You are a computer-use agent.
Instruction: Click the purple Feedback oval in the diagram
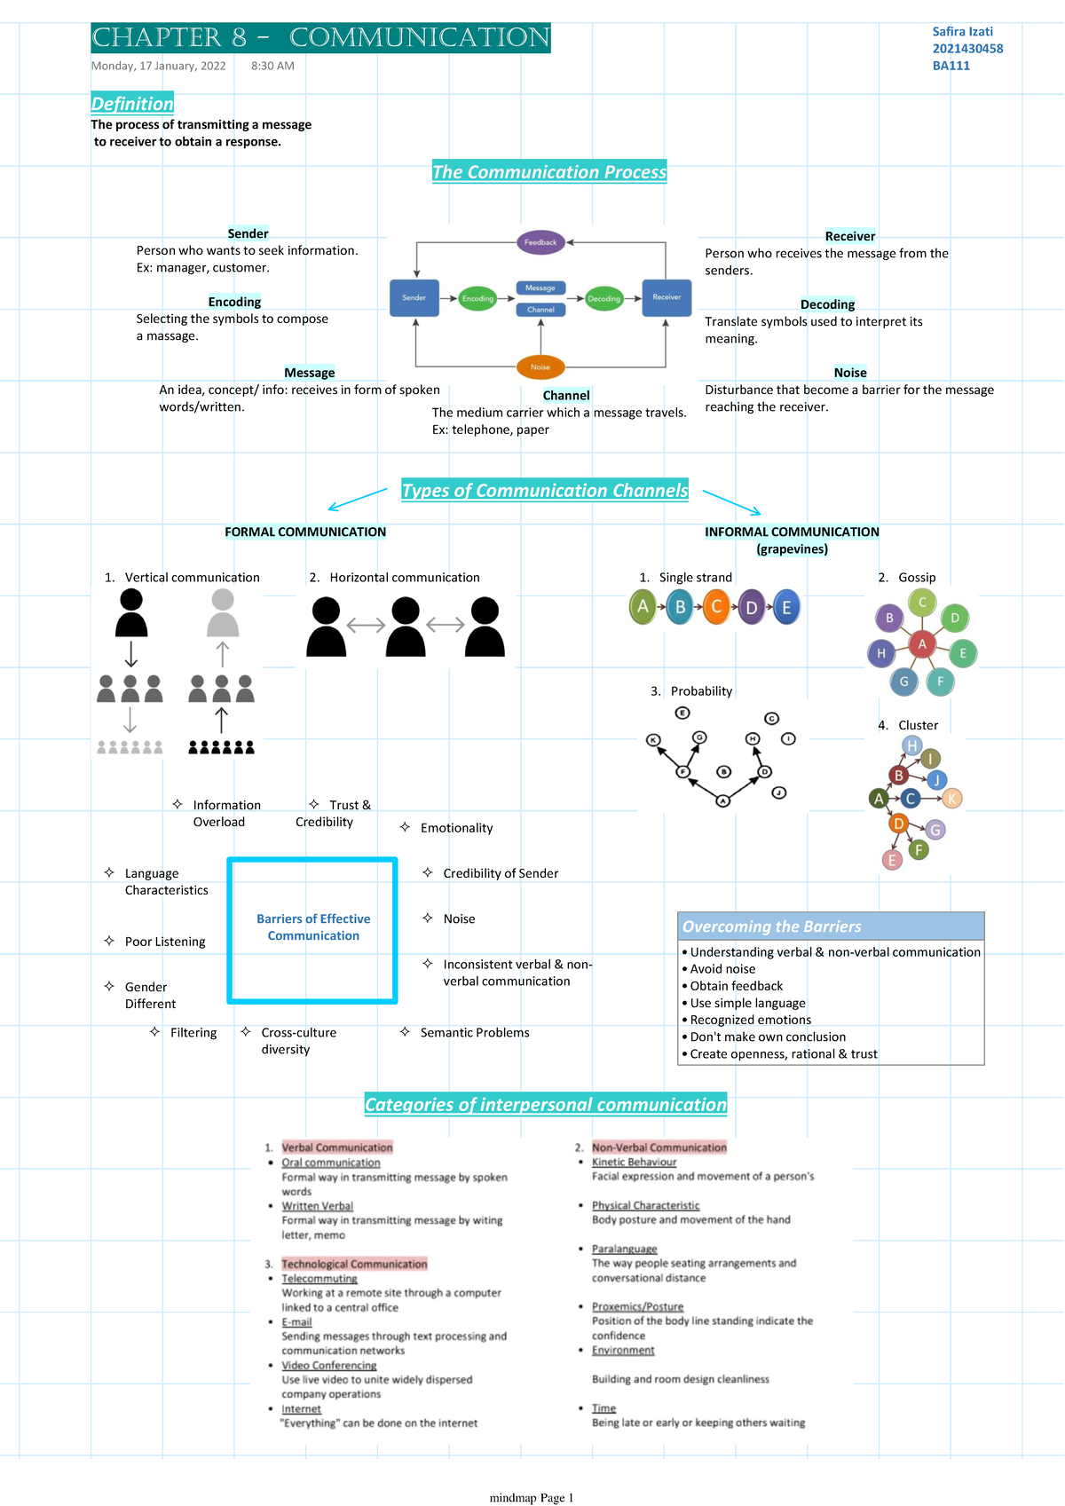pyautogui.click(x=540, y=242)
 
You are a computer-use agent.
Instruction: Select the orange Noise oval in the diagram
pyautogui.click(x=540, y=367)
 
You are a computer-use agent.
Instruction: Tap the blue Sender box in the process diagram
pyautogui.click(x=414, y=298)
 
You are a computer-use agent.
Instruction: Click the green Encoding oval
pyautogui.click(x=477, y=298)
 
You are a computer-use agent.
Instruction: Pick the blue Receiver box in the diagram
pyautogui.click(x=667, y=297)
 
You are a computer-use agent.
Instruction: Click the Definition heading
pyautogui.click(x=132, y=104)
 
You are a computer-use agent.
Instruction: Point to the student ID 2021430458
pyautogui.click(x=967, y=49)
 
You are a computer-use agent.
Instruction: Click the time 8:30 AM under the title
pyautogui.click(x=272, y=66)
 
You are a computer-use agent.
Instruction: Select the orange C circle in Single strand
pyautogui.click(x=715, y=607)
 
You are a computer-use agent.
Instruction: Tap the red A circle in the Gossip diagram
pyautogui.click(x=922, y=644)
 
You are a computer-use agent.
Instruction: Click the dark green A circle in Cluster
pyautogui.click(x=879, y=799)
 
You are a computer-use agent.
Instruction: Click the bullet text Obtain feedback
pyautogui.click(x=737, y=986)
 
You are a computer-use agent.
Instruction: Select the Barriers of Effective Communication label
pyautogui.click(x=313, y=927)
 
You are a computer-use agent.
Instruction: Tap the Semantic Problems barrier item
pyautogui.click(x=475, y=1033)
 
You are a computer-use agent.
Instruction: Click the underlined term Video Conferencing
pyautogui.click(x=329, y=1366)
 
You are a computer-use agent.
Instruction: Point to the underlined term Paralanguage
pyautogui.click(x=625, y=1249)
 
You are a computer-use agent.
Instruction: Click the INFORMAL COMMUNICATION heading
pyautogui.click(x=792, y=532)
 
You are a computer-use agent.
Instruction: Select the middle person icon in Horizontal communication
pyautogui.click(x=406, y=627)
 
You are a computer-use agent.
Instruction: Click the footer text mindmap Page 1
pyautogui.click(x=532, y=1498)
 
